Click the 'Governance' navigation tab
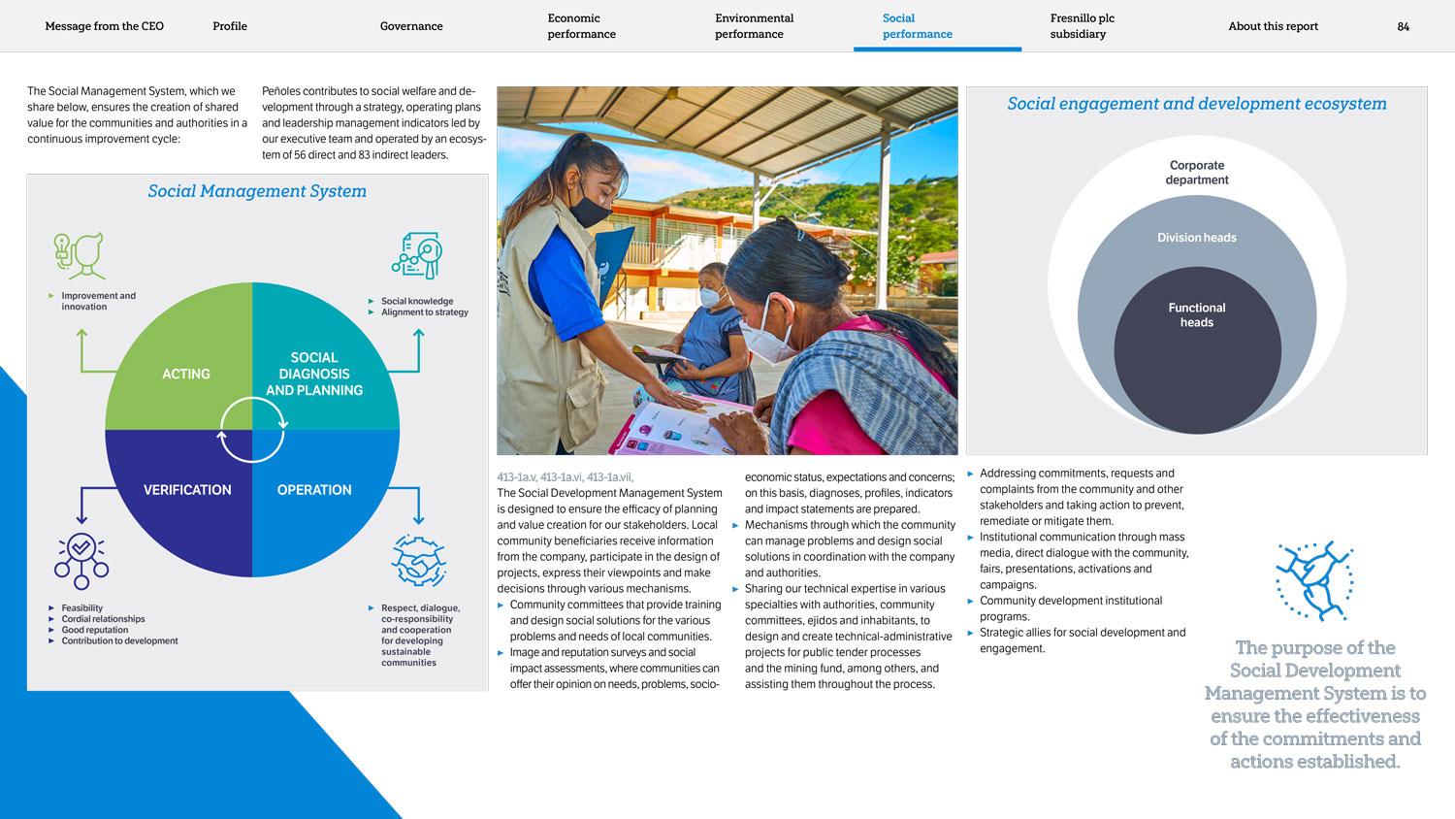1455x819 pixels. point(411,26)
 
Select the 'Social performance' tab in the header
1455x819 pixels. point(917,26)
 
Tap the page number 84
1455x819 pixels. point(1403,26)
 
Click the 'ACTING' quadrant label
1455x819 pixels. point(186,374)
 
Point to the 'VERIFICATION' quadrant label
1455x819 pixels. point(187,490)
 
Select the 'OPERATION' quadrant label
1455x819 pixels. point(314,490)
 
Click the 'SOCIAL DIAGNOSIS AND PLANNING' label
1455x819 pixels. point(314,374)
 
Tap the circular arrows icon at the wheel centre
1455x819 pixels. point(252,430)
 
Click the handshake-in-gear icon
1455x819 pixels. point(418,561)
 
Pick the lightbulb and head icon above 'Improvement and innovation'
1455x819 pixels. point(80,255)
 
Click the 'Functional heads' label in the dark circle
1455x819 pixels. point(1196,315)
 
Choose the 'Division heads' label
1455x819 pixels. point(1196,238)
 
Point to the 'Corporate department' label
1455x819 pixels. point(1196,173)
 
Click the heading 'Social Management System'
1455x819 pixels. point(257,191)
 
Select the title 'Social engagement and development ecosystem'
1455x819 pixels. point(1196,104)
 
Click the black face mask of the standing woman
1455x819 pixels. point(589,211)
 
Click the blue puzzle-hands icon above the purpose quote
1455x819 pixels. point(1314,580)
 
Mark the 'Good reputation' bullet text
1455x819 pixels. point(95,630)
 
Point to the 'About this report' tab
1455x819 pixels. point(1273,26)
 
